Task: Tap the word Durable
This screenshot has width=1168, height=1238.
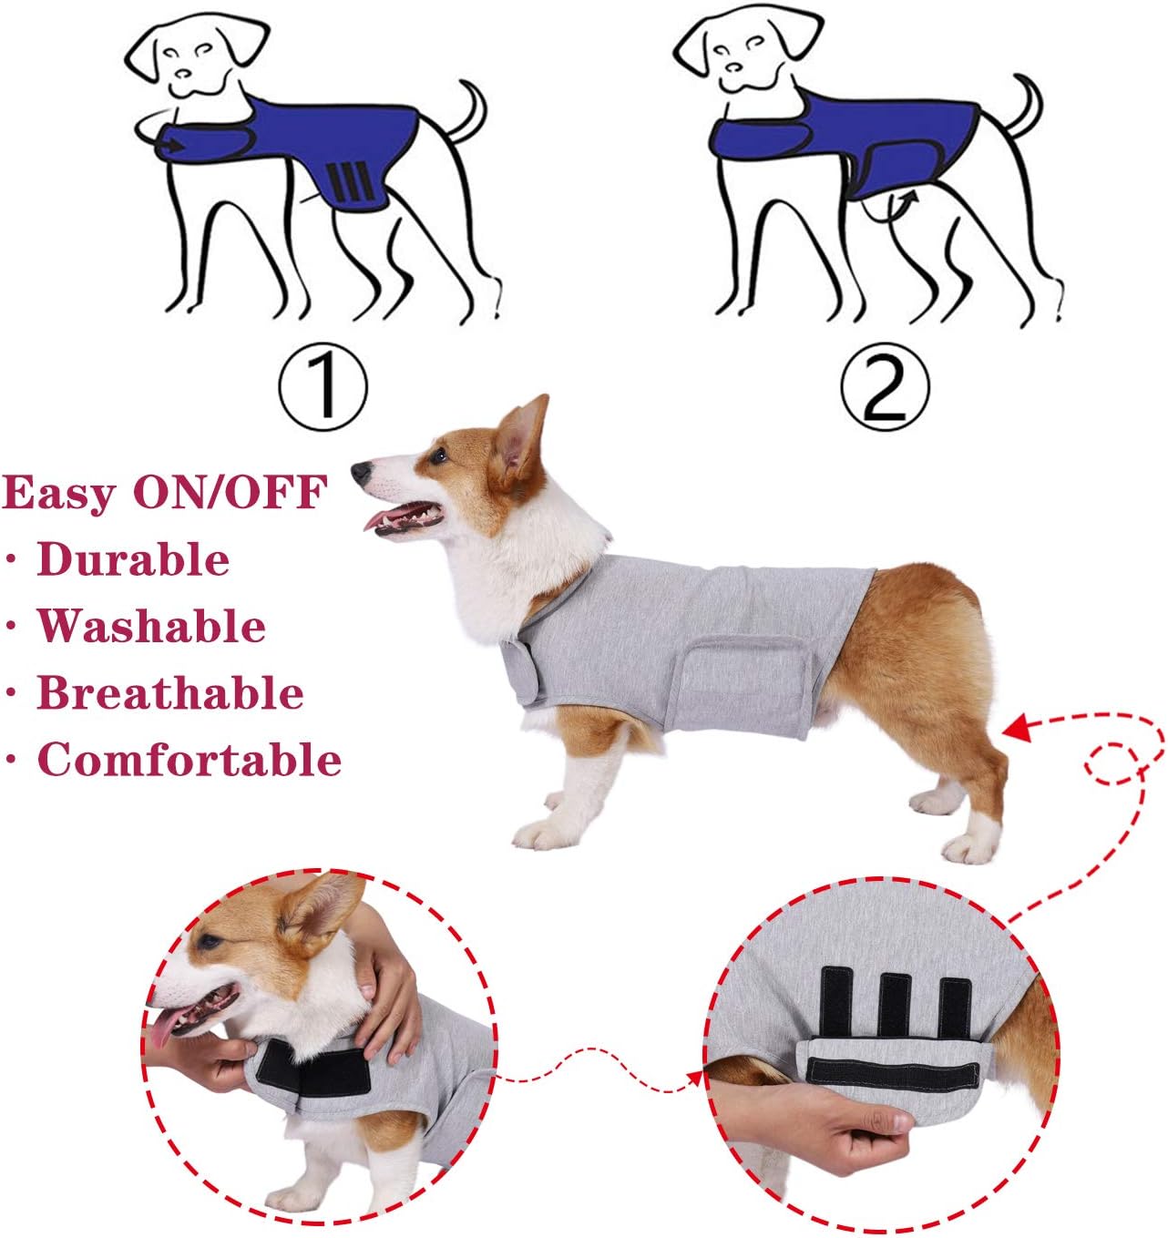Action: [x=133, y=559]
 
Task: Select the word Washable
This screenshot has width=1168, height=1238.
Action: [x=151, y=627]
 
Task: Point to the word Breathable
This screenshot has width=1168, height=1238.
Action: [x=170, y=693]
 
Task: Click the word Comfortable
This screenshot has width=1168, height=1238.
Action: [x=190, y=760]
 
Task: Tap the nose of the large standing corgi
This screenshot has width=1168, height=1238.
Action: [x=362, y=471]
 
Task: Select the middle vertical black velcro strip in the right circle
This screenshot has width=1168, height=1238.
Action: [x=894, y=1007]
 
